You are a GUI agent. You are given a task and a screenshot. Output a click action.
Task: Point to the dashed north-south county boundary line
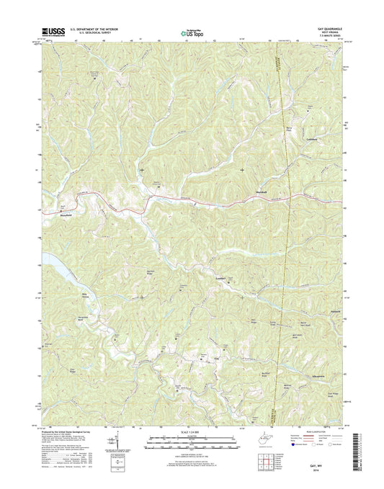(x=288, y=216)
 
